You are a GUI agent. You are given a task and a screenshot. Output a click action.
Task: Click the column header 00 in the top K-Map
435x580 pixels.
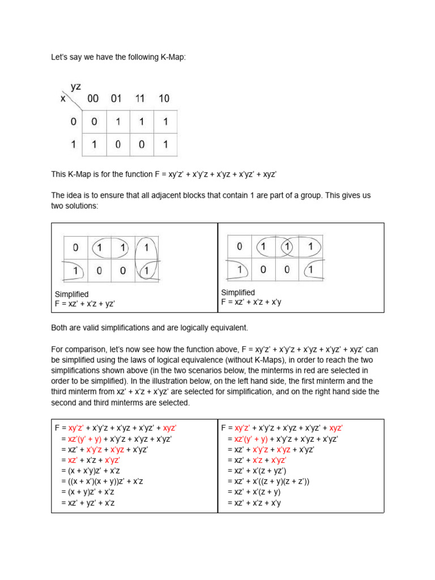(x=93, y=99)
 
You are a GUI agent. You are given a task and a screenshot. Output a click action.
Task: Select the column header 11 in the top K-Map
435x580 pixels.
(x=140, y=99)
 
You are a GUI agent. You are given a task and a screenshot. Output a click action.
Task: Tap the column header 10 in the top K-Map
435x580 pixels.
(x=164, y=99)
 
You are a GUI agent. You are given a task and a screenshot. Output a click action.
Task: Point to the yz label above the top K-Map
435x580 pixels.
(x=76, y=87)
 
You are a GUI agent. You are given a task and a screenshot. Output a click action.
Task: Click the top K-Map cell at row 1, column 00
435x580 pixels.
(x=93, y=145)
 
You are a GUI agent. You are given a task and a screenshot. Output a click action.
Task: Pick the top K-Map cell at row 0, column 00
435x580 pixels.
(x=93, y=122)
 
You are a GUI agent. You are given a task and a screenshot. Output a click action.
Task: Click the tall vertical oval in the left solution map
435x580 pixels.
(x=148, y=259)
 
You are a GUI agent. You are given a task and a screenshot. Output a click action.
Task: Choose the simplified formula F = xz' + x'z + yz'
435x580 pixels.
(x=84, y=304)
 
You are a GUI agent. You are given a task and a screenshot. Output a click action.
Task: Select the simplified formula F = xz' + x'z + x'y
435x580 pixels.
(x=251, y=302)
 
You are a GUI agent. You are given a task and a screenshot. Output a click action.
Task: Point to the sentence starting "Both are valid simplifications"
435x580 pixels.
(x=150, y=328)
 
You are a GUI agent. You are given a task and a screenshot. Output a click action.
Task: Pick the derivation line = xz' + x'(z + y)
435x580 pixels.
(x=254, y=492)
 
